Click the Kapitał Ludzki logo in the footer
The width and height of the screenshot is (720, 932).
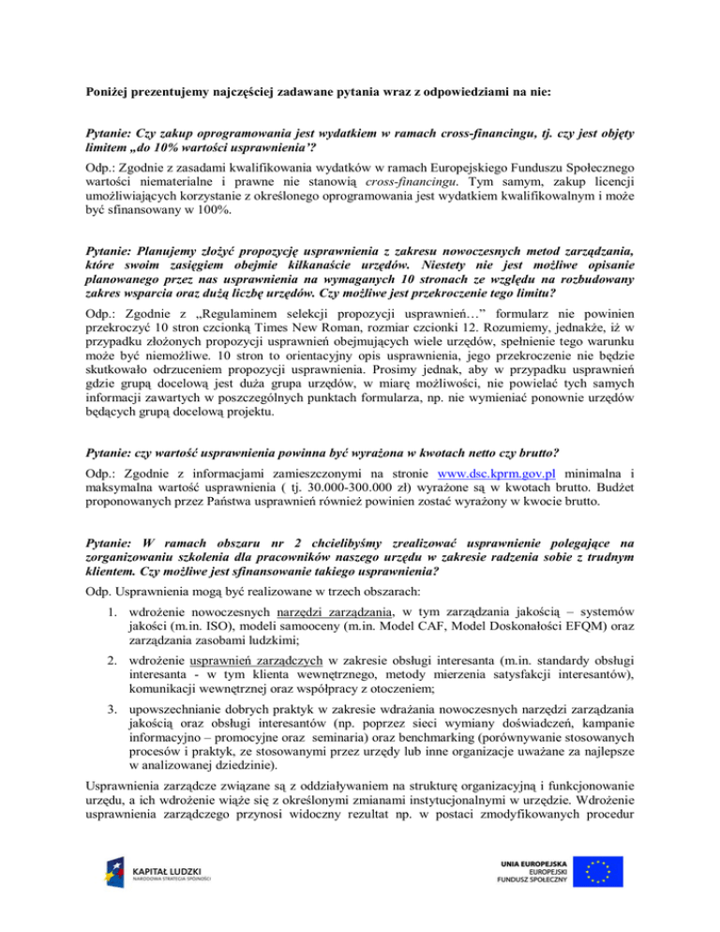tap(156, 885)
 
